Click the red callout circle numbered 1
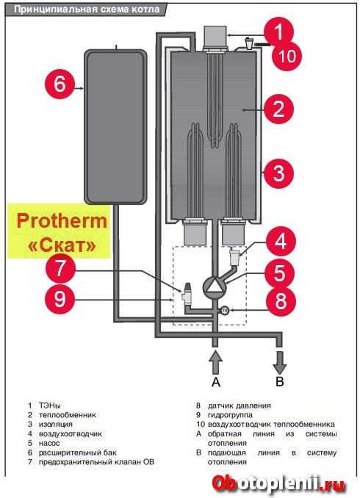(x=278, y=32)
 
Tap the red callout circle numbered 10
(x=287, y=57)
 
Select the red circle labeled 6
(x=60, y=84)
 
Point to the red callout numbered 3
(x=278, y=173)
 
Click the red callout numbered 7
(x=60, y=269)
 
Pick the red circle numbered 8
(x=281, y=301)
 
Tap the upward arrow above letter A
(x=215, y=361)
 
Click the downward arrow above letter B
(x=280, y=362)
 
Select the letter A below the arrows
(x=216, y=382)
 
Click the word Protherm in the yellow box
(x=62, y=221)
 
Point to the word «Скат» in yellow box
(x=62, y=245)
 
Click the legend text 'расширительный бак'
(x=78, y=452)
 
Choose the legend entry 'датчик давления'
(x=240, y=405)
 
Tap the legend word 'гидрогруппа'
(x=230, y=415)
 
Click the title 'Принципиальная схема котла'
(x=87, y=10)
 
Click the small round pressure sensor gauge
(x=225, y=310)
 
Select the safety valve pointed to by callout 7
(x=186, y=293)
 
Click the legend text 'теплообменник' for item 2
(x=68, y=415)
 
